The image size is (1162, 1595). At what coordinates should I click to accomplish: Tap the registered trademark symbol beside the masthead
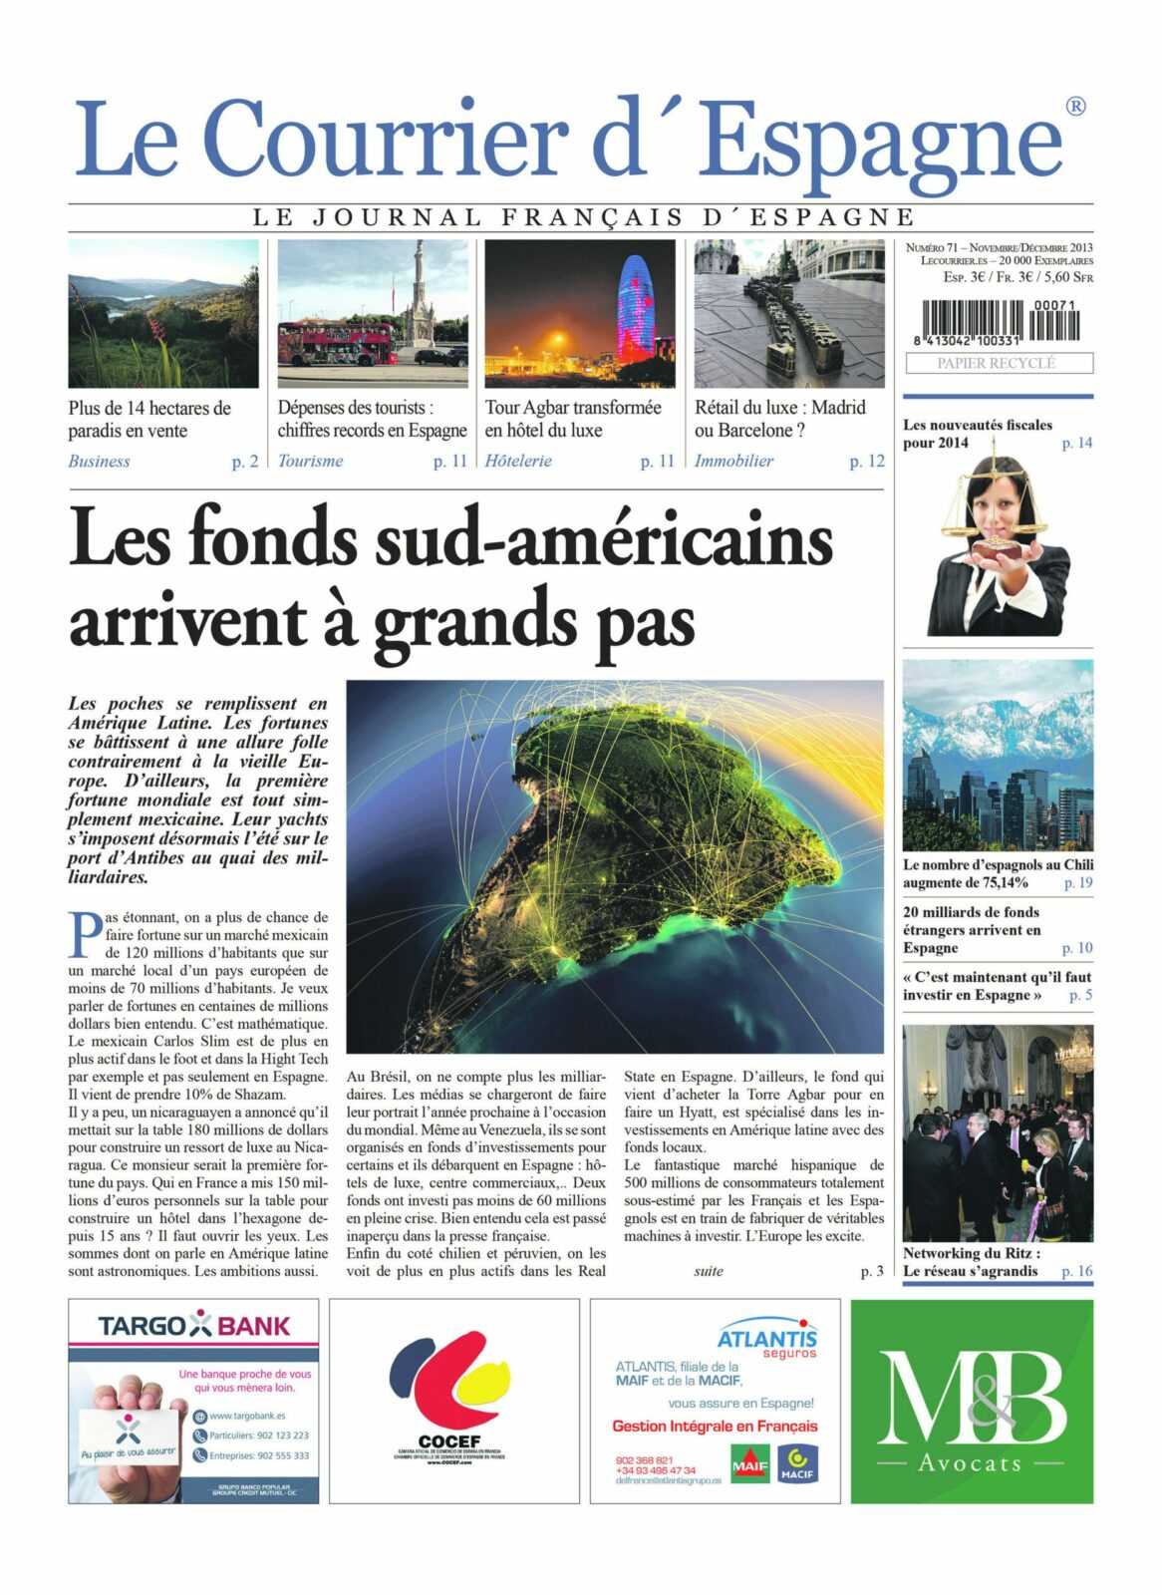click(1075, 106)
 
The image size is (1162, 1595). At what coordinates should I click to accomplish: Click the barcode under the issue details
click(998, 323)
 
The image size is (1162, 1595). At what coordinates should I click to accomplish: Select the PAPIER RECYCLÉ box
click(998, 363)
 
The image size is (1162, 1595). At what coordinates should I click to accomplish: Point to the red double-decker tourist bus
click(337, 343)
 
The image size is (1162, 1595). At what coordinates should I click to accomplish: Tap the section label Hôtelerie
click(518, 461)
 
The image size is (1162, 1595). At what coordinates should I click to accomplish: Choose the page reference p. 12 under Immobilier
click(866, 461)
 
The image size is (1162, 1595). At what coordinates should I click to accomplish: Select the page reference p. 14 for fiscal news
click(1076, 443)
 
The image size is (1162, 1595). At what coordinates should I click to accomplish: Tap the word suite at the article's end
click(709, 1271)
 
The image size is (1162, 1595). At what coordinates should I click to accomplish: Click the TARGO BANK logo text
click(193, 1326)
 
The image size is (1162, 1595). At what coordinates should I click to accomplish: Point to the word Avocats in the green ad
click(971, 1463)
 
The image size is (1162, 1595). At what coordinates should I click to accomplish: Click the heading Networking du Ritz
click(971, 1253)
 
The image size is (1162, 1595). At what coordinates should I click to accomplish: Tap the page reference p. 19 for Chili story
click(1077, 882)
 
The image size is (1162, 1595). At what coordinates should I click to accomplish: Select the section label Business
click(99, 461)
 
